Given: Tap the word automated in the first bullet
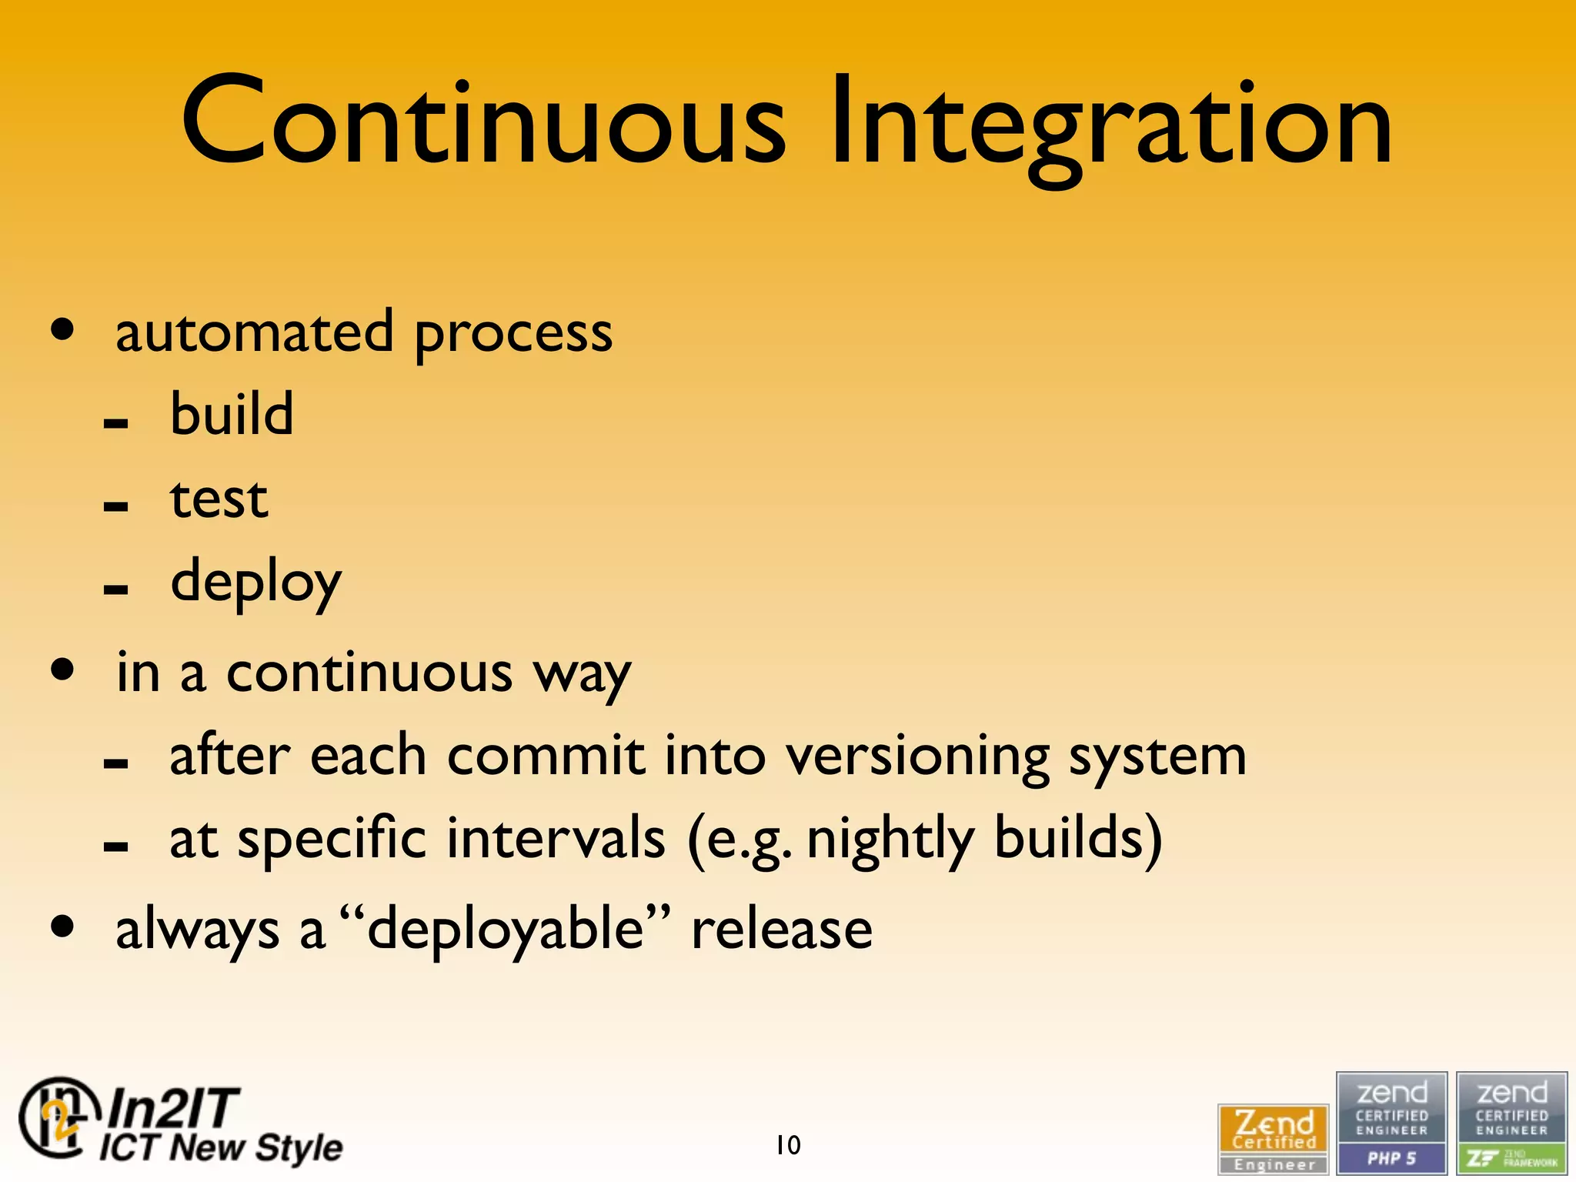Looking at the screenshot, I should tap(254, 332).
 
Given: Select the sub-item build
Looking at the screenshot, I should tap(232, 415).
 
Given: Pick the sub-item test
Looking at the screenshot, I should tap(219, 499).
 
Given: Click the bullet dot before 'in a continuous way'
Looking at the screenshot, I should tap(63, 669).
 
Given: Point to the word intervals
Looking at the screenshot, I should tap(556, 838).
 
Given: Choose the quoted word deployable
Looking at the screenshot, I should tap(505, 930).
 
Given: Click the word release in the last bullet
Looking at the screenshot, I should tap(782, 930).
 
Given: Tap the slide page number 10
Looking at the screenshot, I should tap(788, 1145).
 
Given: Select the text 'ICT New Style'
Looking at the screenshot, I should tap(221, 1147).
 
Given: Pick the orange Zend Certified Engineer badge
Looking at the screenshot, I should tap(1273, 1139).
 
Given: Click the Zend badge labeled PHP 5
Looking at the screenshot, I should tap(1391, 1123).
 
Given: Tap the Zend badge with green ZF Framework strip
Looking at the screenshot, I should tap(1511, 1123).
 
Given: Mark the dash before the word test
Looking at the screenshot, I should tap(115, 506).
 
